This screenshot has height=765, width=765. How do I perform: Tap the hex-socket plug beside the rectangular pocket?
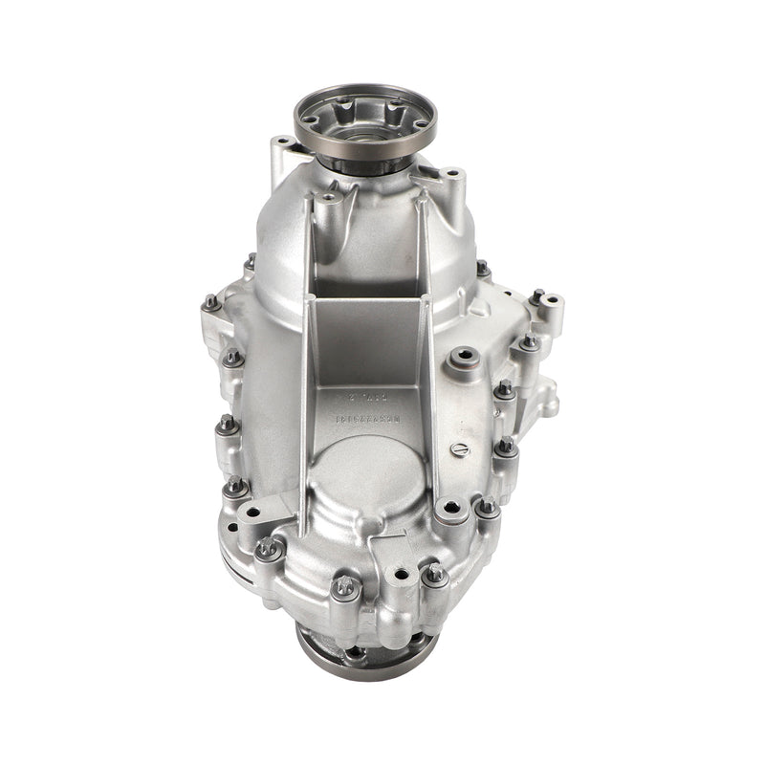tap(464, 361)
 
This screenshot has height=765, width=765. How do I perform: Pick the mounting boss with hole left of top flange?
tap(281, 150)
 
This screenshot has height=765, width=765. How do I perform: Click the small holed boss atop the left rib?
tap(329, 201)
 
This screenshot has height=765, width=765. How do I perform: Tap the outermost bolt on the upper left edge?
tap(209, 303)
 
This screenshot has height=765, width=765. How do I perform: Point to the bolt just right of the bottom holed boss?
tap(434, 574)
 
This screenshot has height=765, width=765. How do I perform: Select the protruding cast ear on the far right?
tap(547, 393)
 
